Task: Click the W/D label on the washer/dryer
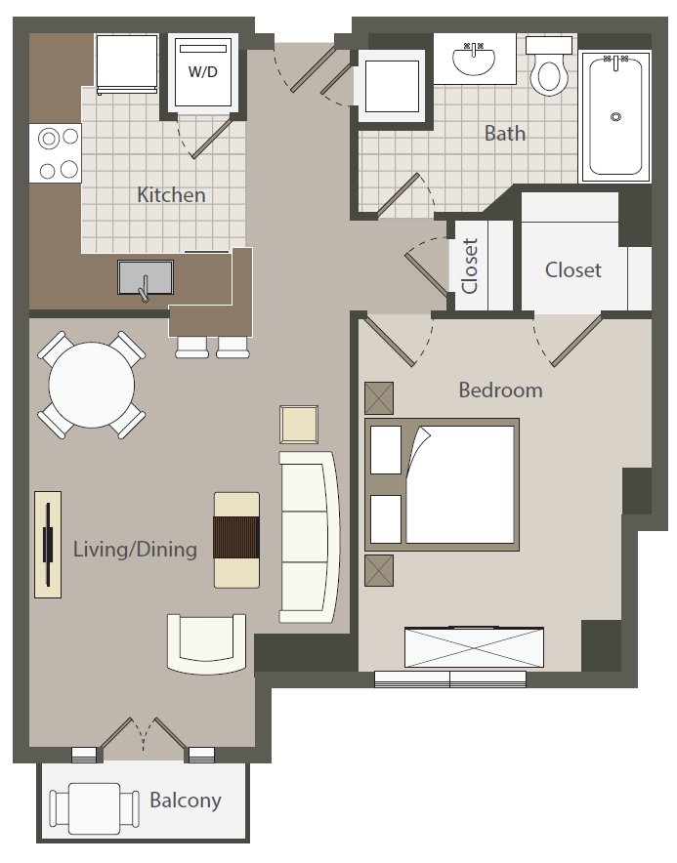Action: tap(203, 71)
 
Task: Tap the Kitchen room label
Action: tap(171, 195)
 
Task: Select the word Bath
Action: tap(505, 133)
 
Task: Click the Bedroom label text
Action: tap(500, 390)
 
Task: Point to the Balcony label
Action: tap(186, 801)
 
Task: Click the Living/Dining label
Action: tap(136, 550)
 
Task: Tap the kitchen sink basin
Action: tap(146, 277)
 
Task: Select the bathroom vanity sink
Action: tap(473, 59)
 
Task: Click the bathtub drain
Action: tap(615, 117)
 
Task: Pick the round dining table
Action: tap(92, 386)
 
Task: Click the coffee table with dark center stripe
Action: tap(236, 540)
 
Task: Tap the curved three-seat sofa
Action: tap(308, 537)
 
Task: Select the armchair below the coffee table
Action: tap(206, 643)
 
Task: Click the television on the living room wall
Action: tap(49, 545)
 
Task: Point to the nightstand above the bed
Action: tap(379, 398)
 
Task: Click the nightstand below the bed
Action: tap(379, 570)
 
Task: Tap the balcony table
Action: tap(94, 808)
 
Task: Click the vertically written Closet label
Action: tap(469, 266)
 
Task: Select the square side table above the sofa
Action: tap(299, 425)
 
